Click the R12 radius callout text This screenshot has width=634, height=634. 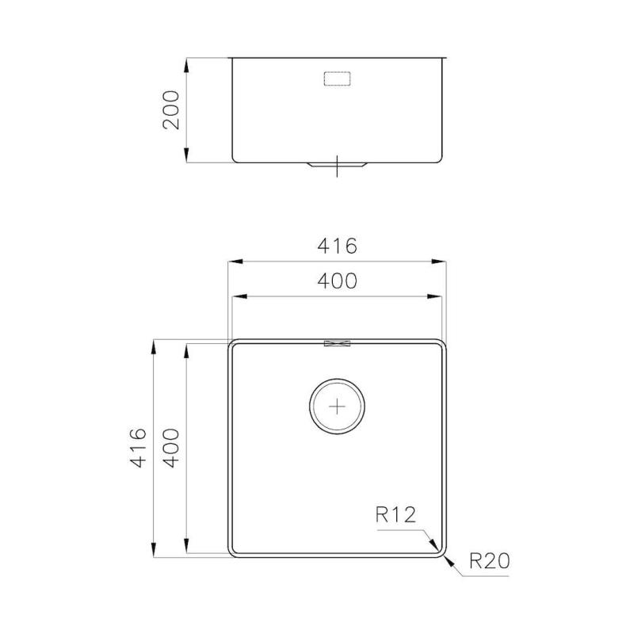point(395,516)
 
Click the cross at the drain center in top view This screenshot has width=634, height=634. point(338,406)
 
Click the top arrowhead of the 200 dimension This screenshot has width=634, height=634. point(186,63)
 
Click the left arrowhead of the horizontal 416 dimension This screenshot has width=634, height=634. point(233,262)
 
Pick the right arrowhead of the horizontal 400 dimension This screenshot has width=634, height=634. point(440,297)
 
